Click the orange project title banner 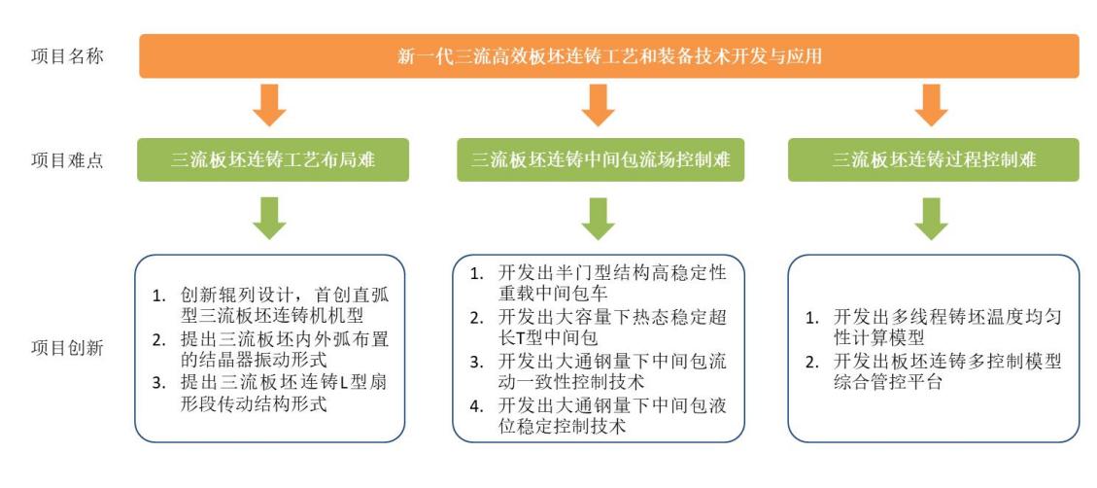click(x=609, y=56)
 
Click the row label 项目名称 click(x=67, y=56)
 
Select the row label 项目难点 click(x=67, y=160)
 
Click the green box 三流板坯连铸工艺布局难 click(x=273, y=159)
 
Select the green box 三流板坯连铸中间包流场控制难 click(x=600, y=159)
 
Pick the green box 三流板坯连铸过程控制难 click(x=934, y=159)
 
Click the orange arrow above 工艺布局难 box click(x=269, y=105)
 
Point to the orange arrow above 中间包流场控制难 click(x=598, y=105)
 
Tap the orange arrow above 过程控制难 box click(x=931, y=105)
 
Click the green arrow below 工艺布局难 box click(x=269, y=219)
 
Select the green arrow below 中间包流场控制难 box click(x=598, y=219)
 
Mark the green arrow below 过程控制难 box click(x=931, y=219)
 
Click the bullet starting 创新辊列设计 click(x=268, y=304)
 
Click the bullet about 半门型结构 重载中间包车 click(x=599, y=282)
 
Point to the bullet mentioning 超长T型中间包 click(x=599, y=327)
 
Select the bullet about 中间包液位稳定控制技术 click(x=599, y=415)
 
